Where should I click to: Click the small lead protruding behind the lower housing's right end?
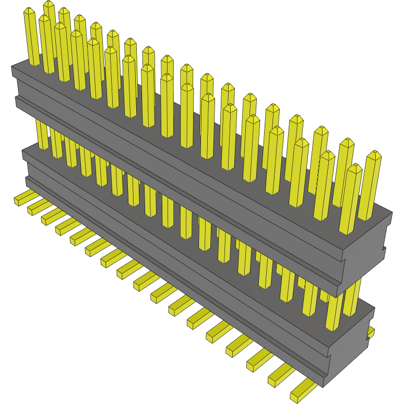pos(371,332)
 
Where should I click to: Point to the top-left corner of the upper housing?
pos(13,67)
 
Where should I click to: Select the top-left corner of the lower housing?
pos(23,151)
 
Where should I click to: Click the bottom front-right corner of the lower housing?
pos(324,386)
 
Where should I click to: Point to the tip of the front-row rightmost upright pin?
pos(354,168)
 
